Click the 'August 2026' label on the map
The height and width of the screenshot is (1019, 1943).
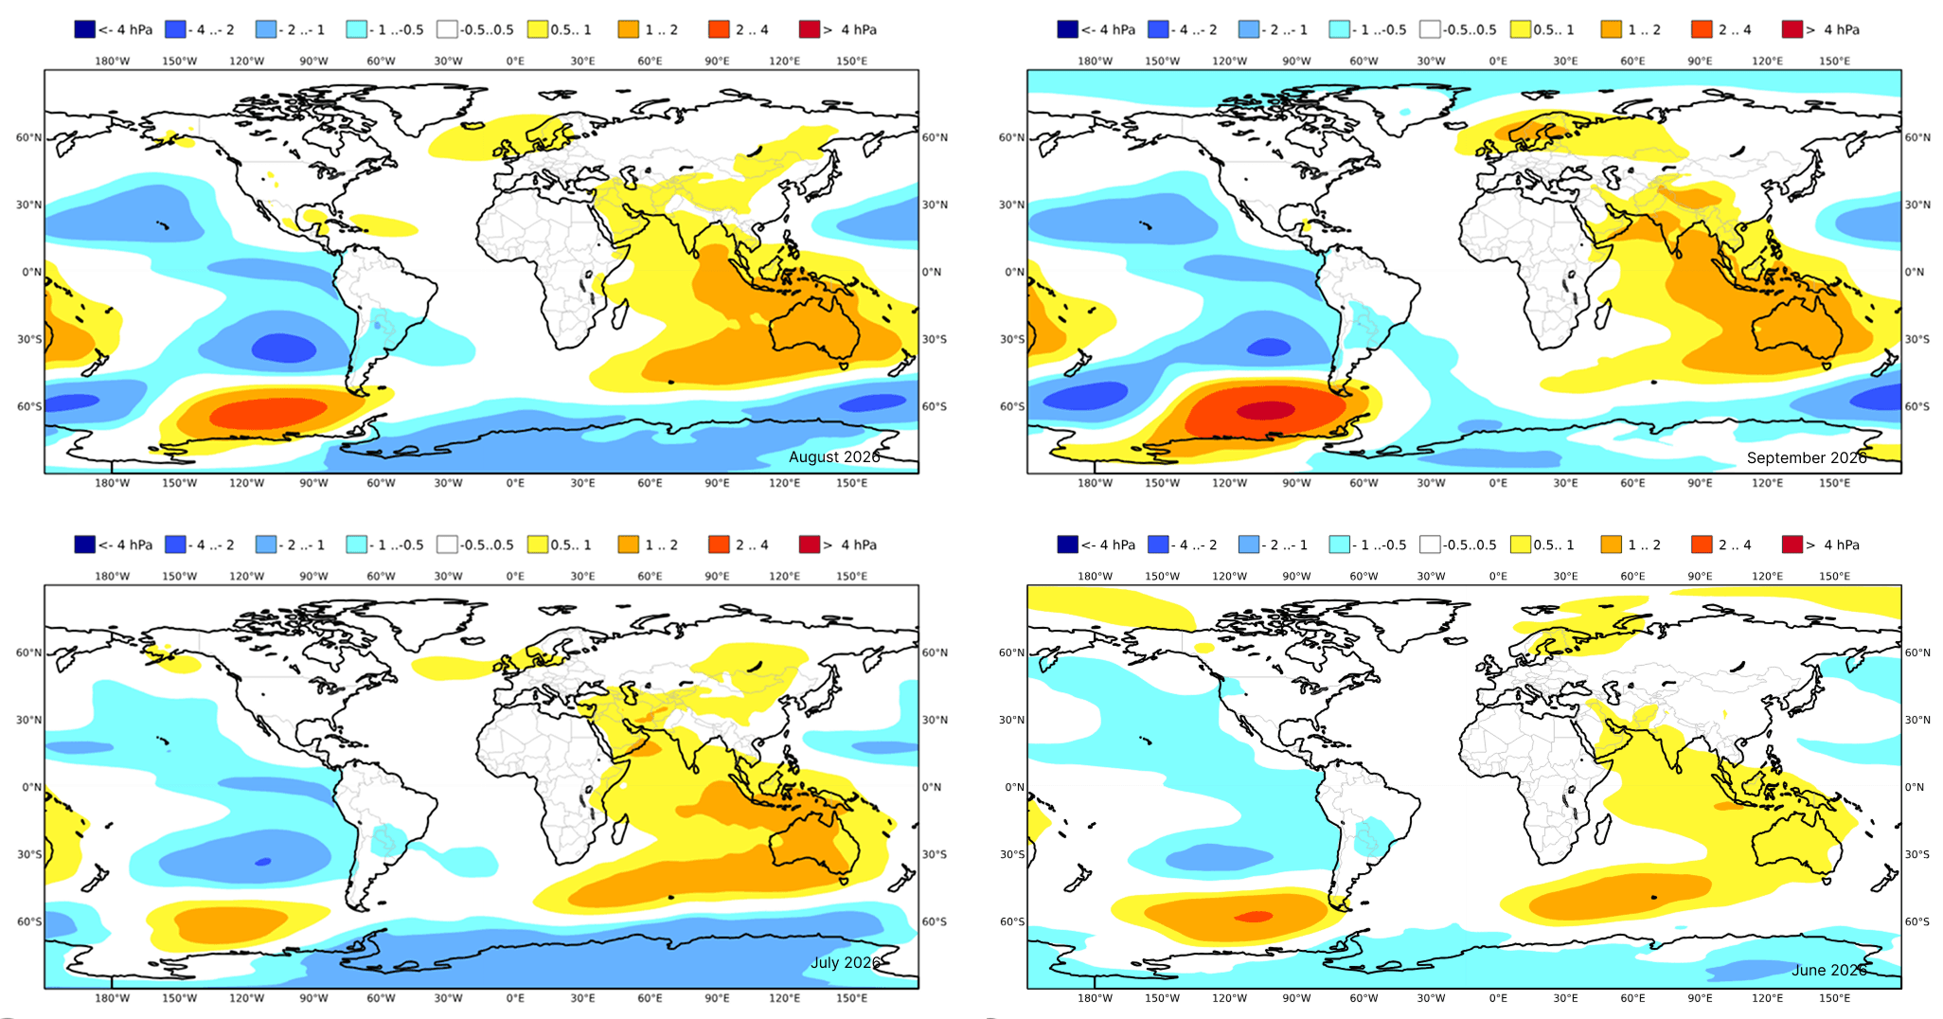click(833, 456)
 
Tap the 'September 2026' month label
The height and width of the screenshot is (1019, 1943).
click(1806, 457)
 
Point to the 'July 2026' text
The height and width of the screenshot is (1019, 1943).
click(845, 962)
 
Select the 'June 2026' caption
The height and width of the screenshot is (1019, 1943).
click(1828, 970)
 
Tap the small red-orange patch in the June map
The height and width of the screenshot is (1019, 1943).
click(1256, 917)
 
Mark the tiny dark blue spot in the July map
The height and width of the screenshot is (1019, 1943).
click(263, 862)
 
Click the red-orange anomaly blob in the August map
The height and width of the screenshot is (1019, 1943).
click(270, 413)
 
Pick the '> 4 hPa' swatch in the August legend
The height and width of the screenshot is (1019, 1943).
click(809, 29)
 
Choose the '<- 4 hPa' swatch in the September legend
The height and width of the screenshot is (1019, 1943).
click(1067, 29)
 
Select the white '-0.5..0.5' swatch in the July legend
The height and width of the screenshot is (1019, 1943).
click(447, 545)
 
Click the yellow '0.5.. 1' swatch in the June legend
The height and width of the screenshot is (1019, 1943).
click(1521, 545)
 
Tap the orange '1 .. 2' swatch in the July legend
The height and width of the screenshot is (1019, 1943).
click(628, 545)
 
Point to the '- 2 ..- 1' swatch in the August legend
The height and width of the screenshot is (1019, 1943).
click(266, 29)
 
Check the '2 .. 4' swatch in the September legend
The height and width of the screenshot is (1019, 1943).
click(1702, 29)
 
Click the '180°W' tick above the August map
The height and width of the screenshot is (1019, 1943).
click(112, 61)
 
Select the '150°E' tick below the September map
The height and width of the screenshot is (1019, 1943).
click(1834, 483)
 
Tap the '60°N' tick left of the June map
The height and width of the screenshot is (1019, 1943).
click(1012, 653)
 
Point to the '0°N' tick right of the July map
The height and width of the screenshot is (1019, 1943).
click(932, 787)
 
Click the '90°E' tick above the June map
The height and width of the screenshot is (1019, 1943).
click(1700, 576)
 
